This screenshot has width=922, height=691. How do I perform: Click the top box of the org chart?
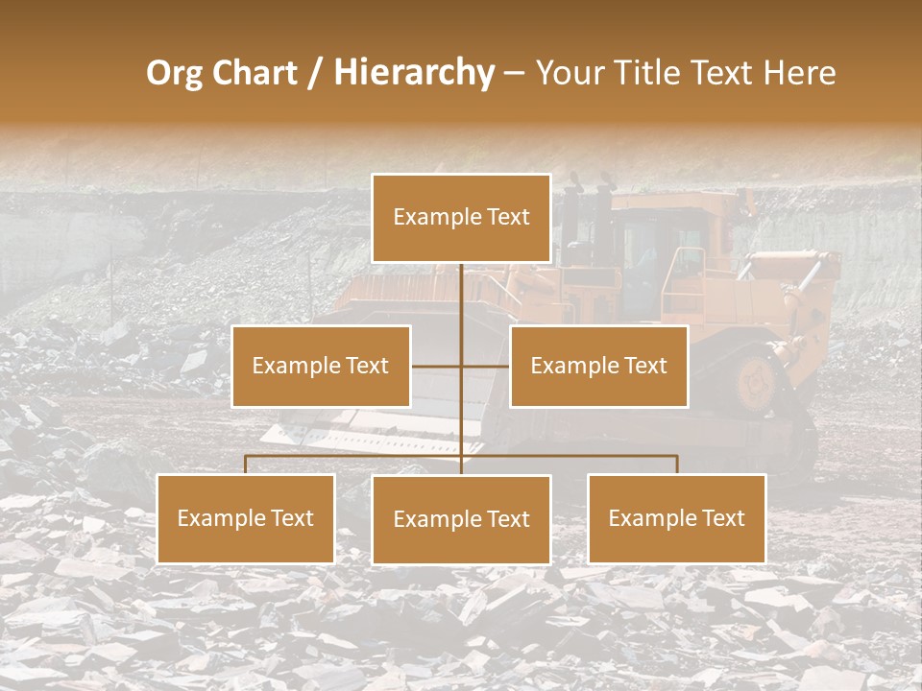(x=461, y=218)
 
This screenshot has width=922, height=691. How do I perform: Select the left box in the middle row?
(x=321, y=366)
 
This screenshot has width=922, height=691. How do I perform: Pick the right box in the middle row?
(x=598, y=366)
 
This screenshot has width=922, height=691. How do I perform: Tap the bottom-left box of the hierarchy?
(x=246, y=518)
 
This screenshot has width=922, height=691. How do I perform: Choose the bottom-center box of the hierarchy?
(x=461, y=519)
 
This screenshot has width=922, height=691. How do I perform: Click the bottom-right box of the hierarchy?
(x=676, y=518)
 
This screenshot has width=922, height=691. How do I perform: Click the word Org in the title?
(x=176, y=73)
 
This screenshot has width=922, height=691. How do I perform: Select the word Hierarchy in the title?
(x=413, y=73)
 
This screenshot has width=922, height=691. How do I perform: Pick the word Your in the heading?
(x=569, y=73)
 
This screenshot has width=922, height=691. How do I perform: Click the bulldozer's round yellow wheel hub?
(x=757, y=381)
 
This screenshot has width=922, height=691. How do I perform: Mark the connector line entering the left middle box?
(x=435, y=366)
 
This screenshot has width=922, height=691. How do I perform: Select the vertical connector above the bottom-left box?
(x=246, y=465)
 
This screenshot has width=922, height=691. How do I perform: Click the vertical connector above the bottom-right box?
(x=676, y=465)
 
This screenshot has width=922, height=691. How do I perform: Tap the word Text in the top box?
(x=506, y=217)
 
